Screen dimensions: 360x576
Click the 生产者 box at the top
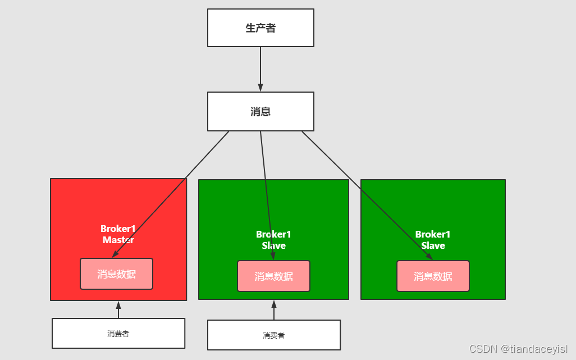(260, 28)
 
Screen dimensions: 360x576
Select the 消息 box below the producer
(260, 112)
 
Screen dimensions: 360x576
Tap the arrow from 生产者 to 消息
(260, 67)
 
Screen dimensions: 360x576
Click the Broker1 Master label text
(118, 234)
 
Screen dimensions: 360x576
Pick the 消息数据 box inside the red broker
(116, 274)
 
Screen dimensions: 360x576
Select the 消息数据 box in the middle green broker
(273, 276)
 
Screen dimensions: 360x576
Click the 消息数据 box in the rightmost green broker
(433, 276)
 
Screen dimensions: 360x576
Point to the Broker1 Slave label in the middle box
(273, 240)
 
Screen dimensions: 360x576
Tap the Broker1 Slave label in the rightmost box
(433, 240)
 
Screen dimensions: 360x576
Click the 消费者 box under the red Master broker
(118, 334)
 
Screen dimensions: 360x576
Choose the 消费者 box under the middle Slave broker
(273, 335)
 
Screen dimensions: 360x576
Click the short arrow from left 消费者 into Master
(118, 310)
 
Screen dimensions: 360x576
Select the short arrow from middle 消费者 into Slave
(274, 311)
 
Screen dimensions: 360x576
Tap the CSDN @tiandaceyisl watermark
(518, 349)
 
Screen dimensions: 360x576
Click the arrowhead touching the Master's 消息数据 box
(115, 254)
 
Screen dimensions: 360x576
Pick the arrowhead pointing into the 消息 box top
(260, 88)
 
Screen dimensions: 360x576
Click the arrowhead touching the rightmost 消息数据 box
(429, 257)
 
